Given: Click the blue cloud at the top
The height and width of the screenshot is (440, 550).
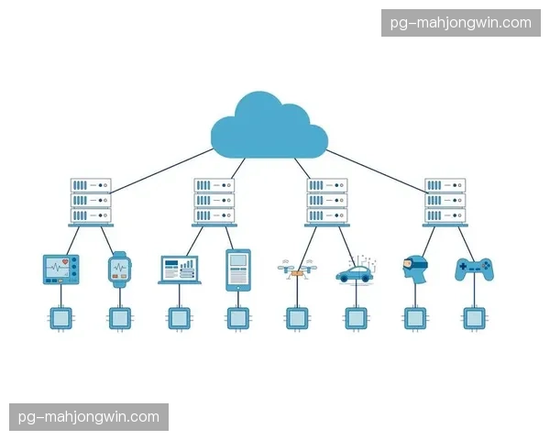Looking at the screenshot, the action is pos(269,126).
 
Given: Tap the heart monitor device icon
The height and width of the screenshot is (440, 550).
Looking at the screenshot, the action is pos(61,269).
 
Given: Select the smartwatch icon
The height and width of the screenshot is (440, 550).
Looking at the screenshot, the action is pos(119,269).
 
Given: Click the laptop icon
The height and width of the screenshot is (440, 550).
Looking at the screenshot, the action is pos(180,269).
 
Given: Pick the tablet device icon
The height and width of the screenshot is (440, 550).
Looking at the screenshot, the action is pos(238,270).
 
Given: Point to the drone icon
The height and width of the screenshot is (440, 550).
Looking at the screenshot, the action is pos(297,269).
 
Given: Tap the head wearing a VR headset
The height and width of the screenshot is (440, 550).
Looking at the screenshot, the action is pos(415,269).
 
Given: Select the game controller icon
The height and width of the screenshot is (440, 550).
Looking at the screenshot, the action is pos(474,269).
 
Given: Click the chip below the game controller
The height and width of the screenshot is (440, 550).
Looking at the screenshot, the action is pos(474,319).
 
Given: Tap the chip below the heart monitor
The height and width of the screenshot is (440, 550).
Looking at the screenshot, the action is pos(61,319).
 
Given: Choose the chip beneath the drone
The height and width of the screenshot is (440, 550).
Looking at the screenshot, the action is pos(297,319).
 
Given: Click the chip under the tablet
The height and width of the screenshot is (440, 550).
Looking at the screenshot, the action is pos(238,319).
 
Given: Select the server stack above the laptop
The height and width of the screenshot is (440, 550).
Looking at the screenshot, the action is pos(214,203).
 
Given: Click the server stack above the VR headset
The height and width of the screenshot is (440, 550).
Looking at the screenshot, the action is pos(445,203).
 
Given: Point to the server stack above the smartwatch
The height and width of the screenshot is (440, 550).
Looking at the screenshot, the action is pos(91,203).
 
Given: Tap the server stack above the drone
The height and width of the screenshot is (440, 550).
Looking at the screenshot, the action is pos(327,203).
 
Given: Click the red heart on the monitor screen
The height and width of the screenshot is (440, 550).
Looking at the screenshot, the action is pos(65,262).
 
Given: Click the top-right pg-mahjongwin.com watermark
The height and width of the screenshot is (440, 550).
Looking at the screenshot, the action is pos(461,23).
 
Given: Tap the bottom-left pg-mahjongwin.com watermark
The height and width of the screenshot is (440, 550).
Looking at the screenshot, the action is pos(89,417).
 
